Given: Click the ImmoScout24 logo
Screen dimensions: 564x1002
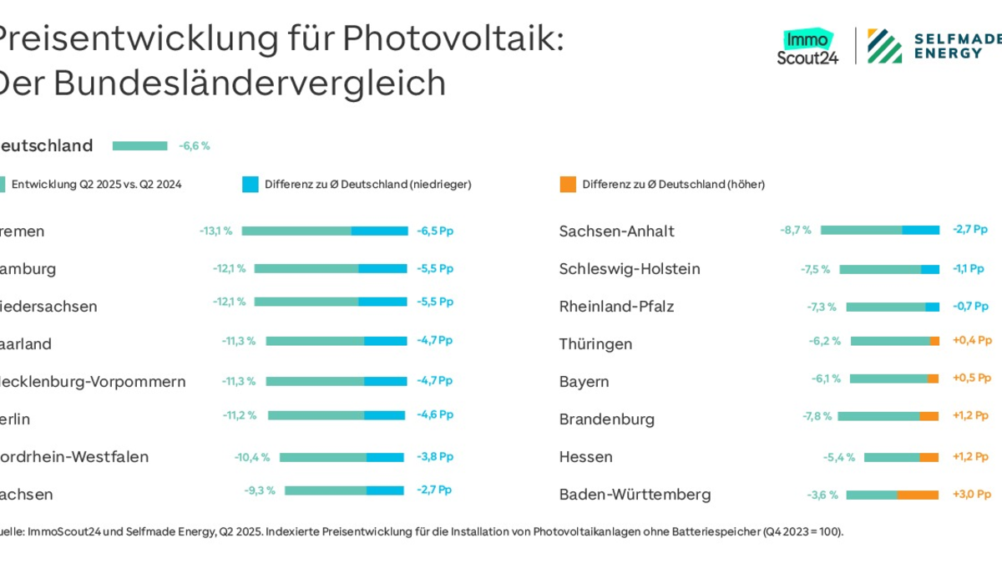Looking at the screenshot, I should [807, 48].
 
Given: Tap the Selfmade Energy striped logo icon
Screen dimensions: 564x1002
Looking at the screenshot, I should [884, 46].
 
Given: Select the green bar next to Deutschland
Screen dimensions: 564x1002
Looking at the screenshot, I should [139, 146].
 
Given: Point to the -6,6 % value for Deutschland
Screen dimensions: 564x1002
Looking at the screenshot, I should [194, 146].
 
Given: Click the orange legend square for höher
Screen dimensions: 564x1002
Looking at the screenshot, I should [568, 185].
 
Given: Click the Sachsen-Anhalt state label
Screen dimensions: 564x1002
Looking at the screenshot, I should [616, 231].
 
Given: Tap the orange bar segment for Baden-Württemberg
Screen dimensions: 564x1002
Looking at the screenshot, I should [918, 495].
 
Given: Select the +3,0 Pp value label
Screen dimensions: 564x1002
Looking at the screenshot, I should [970, 495].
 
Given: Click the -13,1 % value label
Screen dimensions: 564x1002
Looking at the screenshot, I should [215, 231].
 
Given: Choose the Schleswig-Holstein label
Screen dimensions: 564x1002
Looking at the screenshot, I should [629, 268].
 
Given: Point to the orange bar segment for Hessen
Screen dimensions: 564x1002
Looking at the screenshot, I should [929, 457].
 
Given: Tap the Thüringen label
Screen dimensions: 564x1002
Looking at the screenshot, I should [595, 343].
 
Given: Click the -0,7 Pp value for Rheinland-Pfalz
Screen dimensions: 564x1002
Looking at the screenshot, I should [969, 306].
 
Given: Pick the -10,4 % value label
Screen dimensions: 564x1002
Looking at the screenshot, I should [252, 457].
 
